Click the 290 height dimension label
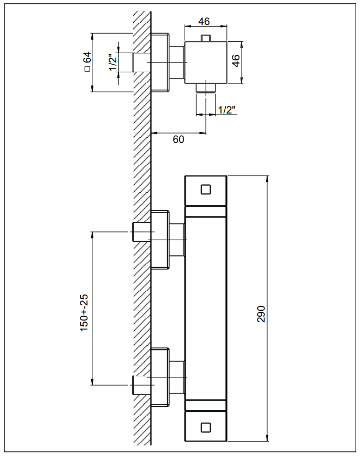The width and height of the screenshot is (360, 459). pos(261,313)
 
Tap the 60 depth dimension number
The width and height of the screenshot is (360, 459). pos(178,139)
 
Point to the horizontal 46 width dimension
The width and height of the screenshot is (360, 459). pos(204,21)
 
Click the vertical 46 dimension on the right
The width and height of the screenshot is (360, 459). pos(236,60)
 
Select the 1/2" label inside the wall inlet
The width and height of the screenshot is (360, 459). pos(112,62)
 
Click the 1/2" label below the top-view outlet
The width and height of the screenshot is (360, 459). pos(227,110)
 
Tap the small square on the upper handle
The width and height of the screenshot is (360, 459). pos(205,190)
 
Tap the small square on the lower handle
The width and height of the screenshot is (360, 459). pos(205,427)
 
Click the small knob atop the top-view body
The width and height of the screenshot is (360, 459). pos(205,38)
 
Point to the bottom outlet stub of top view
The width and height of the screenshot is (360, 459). pos(205,87)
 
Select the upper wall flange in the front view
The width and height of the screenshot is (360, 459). pos(160,239)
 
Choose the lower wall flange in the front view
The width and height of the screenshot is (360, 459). pos(160,376)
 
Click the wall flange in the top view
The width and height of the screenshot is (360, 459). pos(160,62)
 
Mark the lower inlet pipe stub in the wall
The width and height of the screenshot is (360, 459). pos(140,385)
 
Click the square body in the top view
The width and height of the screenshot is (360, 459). pos(205,62)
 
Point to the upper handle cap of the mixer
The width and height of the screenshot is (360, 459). pos(205,191)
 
